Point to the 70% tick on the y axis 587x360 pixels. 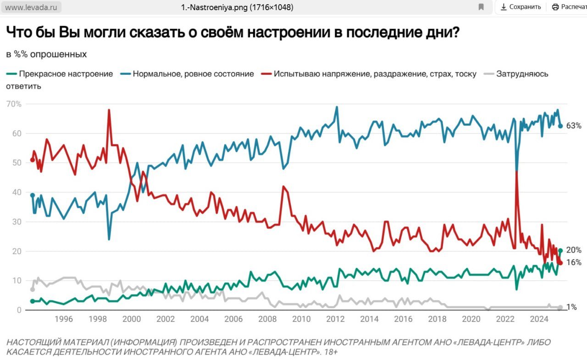(x=14, y=104)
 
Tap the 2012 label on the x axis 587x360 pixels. (x=335, y=319)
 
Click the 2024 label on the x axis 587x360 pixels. (x=539, y=319)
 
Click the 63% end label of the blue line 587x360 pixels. (x=574, y=126)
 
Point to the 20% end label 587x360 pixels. (x=574, y=250)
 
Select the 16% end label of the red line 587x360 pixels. (x=574, y=262)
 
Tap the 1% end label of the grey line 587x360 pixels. (x=571, y=307)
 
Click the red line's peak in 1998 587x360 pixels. (x=109, y=110)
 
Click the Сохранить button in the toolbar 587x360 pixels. (x=521, y=7)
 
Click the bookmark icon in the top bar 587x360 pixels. (x=481, y=7)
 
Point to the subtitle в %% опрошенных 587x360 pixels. (x=46, y=54)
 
